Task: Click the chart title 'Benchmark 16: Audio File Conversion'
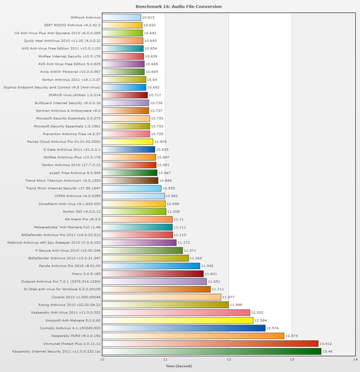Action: click(x=179, y=7)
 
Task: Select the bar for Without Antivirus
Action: click(x=121, y=18)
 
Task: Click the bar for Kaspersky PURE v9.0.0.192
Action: click(x=193, y=336)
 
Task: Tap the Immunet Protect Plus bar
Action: click(x=210, y=343)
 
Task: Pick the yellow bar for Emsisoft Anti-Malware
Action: click(x=178, y=320)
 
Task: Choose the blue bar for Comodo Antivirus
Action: click(x=184, y=328)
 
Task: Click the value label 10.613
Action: click(x=148, y=18)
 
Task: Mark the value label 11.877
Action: click(x=228, y=297)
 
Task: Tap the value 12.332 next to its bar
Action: click(x=257, y=313)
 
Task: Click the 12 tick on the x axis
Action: click(x=229, y=359)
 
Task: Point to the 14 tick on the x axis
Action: click(x=355, y=359)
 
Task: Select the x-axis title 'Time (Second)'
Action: click(x=179, y=366)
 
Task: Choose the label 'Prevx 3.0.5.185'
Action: click(x=85, y=273)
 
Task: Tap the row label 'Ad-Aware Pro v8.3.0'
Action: click(x=82, y=219)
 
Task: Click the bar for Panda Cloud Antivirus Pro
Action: click(x=128, y=142)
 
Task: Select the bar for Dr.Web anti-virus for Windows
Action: click(x=156, y=289)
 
